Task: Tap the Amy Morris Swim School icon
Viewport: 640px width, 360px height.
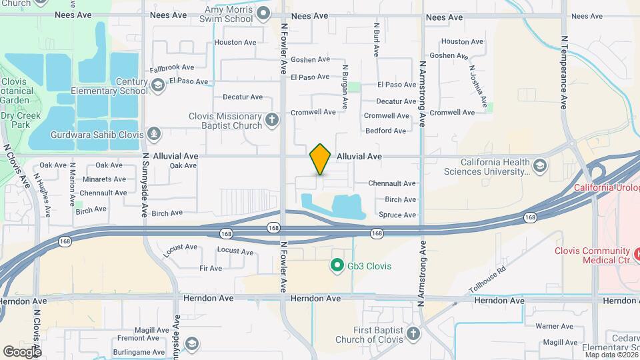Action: [263, 12]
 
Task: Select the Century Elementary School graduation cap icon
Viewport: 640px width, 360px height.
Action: [158, 85]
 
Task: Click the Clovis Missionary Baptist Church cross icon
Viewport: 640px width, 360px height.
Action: [271, 120]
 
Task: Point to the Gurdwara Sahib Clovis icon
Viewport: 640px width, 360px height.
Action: [155, 135]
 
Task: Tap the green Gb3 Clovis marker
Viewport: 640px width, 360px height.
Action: [337, 266]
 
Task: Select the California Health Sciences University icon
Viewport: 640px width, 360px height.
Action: [539, 165]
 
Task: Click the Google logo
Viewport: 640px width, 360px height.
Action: [22, 351]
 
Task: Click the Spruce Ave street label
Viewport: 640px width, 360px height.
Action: [397, 215]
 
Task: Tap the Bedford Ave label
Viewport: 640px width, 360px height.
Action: [385, 131]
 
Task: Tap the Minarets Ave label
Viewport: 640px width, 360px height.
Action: [104, 179]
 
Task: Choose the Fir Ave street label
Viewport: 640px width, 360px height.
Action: [211, 268]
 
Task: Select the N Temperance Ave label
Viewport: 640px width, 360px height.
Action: [563, 72]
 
